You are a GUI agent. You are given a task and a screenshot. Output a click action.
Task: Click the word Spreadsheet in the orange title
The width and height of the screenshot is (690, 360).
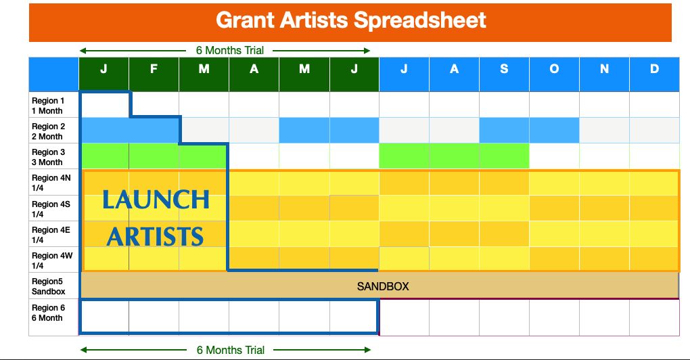tap(420, 21)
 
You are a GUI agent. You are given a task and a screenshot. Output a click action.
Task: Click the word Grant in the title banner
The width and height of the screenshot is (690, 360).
tap(245, 20)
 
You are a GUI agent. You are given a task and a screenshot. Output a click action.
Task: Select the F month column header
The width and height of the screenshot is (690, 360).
tap(154, 69)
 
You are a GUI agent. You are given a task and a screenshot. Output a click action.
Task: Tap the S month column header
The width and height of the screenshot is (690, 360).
tap(504, 69)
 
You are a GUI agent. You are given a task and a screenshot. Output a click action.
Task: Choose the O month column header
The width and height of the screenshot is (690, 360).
tap(554, 69)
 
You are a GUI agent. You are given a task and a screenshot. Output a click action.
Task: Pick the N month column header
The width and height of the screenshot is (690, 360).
tap(604, 69)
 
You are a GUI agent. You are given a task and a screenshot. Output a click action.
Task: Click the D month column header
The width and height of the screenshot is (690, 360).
tap(654, 69)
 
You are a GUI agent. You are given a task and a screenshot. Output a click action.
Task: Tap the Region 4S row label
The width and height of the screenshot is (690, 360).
tap(51, 209)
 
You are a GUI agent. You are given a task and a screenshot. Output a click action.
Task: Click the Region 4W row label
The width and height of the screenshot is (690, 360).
tap(52, 261)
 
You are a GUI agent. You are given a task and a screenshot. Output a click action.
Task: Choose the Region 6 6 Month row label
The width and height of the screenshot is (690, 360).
tap(48, 313)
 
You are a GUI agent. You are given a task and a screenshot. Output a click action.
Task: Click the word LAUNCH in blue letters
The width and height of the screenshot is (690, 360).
tap(156, 200)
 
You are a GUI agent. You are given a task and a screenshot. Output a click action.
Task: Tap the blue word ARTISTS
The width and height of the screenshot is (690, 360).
tap(155, 236)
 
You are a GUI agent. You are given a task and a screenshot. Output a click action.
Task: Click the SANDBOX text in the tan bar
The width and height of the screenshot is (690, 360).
tap(383, 286)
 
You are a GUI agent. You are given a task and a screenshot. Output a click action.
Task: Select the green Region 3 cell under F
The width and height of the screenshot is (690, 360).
tap(154, 156)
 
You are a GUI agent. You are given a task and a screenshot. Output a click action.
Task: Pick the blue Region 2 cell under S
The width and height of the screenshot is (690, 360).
tap(504, 131)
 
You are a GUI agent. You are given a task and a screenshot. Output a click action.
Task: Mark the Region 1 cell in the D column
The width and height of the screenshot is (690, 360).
tap(654, 105)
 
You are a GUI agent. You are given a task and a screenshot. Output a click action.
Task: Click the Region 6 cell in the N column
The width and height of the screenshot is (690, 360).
tap(604, 317)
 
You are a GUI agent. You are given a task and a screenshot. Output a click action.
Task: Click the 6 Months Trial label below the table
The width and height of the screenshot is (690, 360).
tap(231, 351)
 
